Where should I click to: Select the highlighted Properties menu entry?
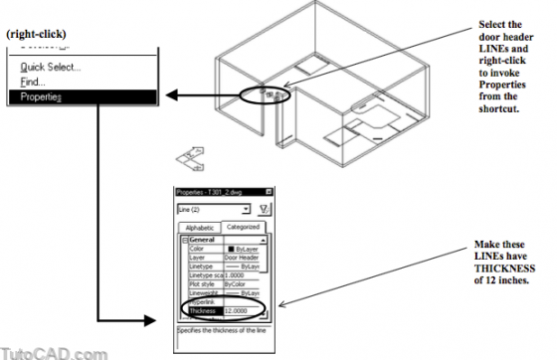pyautogui.click(x=41, y=96)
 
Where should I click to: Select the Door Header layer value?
pyautogui.click(x=242, y=257)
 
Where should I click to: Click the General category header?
pyautogui.click(x=204, y=239)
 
